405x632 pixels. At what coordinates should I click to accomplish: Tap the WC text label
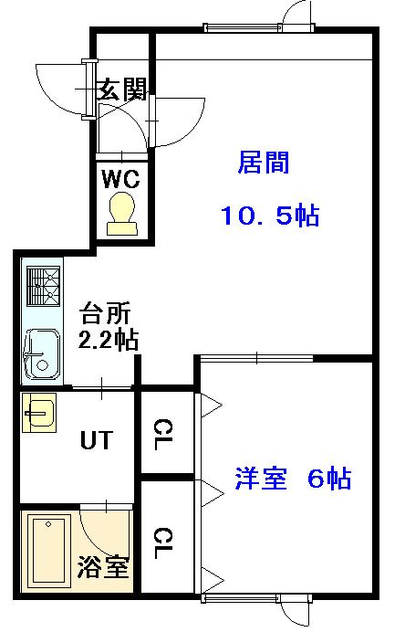[x=120, y=179]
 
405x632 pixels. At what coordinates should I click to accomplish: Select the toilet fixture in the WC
[x=122, y=213]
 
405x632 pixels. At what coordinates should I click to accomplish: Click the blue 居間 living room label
[x=264, y=163]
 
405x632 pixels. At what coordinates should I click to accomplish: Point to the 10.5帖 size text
[x=270, y=215]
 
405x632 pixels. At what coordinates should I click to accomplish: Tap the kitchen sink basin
[x=42, y=354]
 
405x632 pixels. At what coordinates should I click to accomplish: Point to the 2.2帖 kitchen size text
[x=109, y=340]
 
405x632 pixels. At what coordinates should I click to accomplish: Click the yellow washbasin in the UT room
[x=39, y=412]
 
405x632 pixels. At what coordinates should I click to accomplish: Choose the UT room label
[x=97, y=439]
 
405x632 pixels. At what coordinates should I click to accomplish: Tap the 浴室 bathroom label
[x=103, y=567]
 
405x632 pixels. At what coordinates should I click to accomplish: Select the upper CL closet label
[x=163, y=434]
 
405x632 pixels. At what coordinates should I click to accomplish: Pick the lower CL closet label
[x=163, y=542]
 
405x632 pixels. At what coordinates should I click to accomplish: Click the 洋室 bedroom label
[x=261, y=478]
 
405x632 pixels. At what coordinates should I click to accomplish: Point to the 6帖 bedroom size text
[x=329, y=478]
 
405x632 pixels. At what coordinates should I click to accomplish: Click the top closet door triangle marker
[x=211, y=406]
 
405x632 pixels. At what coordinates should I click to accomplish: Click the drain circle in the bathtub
[x=48, y=524]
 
